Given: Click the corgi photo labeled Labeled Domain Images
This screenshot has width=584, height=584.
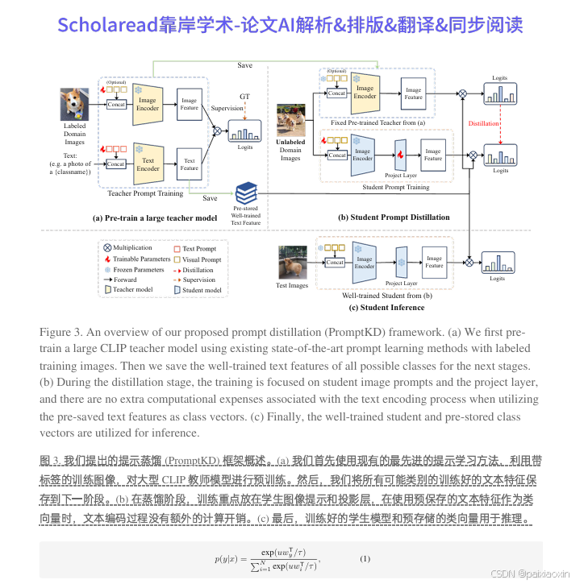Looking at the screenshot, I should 74,105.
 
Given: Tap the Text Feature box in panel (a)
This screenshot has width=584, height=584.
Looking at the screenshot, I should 190,163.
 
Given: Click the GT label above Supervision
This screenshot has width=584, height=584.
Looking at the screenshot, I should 244,96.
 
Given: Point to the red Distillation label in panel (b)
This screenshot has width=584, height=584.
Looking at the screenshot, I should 483,123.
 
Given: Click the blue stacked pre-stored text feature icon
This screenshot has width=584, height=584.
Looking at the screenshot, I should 246,193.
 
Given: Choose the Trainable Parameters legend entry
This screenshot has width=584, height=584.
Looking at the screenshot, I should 137,259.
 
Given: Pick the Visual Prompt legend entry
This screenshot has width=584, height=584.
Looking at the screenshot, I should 201,259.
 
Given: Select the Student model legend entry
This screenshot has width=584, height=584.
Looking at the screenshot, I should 201,290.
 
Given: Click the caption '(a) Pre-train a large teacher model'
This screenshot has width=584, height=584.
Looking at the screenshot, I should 154,217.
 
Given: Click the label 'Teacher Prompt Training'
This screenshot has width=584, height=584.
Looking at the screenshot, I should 145,193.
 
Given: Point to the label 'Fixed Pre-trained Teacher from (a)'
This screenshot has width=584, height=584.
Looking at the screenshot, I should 373,122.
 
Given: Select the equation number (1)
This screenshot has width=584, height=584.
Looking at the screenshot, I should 365,558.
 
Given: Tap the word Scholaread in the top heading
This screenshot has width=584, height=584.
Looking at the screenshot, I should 100,25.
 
